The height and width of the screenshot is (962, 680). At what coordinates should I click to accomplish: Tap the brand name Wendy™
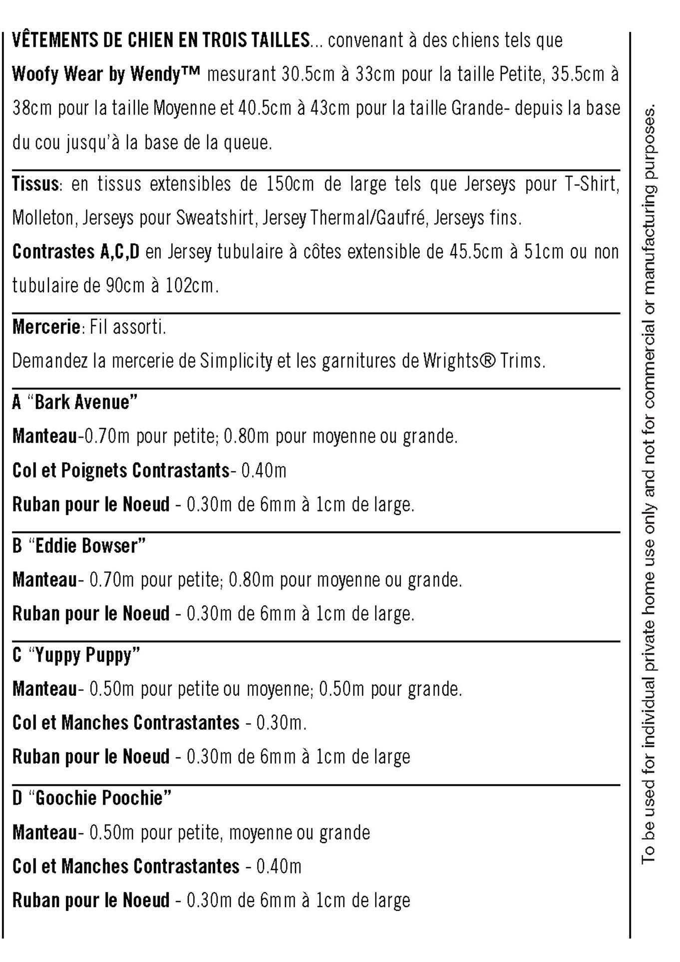[165, 74]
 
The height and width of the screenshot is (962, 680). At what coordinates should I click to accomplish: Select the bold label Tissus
[35, 184]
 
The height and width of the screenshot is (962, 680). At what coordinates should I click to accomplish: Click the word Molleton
[43, 218]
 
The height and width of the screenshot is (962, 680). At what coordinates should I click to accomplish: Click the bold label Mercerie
[46, 327]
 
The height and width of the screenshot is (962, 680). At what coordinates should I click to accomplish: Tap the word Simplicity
[236, 361]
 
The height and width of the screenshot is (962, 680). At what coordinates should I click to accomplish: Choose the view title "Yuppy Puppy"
[84, 655]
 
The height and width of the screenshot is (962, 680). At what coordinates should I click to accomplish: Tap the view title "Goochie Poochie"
[100, 798]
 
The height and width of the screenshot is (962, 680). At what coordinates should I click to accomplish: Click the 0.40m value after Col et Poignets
[264, 471]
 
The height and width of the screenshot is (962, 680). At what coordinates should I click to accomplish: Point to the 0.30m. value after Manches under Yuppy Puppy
[281, 723]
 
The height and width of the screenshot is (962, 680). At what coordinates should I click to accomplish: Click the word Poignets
[95, 471]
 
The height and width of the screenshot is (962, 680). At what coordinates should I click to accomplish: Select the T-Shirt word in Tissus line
[592, 184]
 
